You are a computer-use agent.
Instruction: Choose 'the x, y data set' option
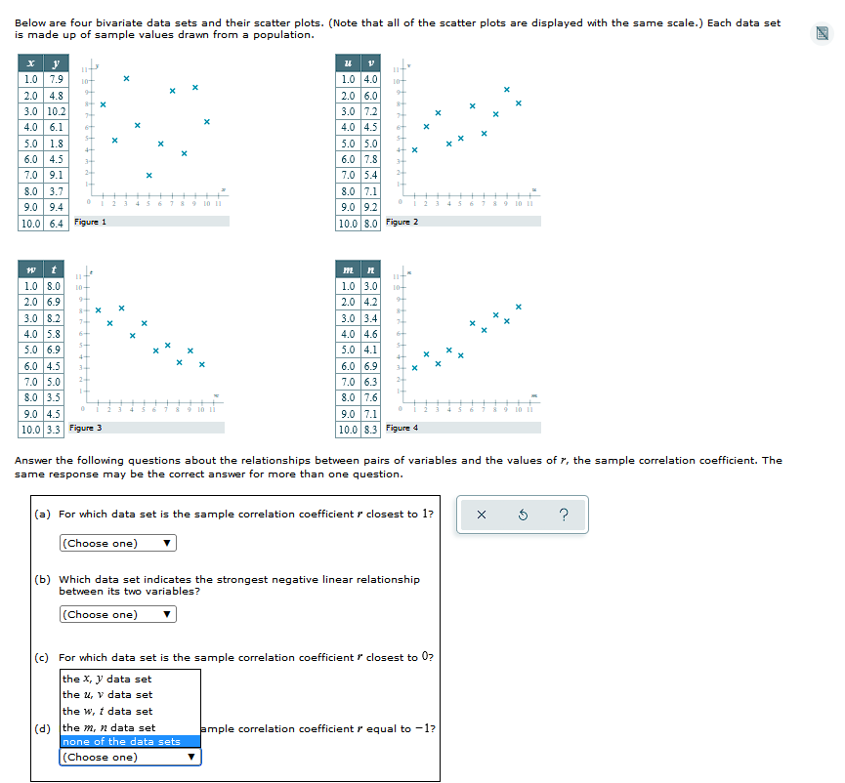(107, 679)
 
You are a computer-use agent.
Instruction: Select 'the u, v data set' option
(107, 694)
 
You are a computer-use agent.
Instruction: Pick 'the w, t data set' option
(107, 711)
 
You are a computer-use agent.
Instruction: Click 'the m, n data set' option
(108, 727)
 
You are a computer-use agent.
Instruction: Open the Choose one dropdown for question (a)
(117, 543)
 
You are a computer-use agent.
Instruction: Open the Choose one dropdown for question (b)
(117, 614)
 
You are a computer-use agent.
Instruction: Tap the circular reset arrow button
(523, 515)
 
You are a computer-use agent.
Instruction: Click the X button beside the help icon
(482, 515)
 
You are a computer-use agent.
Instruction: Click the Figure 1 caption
(91, 223)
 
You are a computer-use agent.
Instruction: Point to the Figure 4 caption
(401, 428)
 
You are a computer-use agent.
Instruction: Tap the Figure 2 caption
(401, 223)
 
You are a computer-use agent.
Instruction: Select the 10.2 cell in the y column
(56, 111)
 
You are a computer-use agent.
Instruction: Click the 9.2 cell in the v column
(370, 207)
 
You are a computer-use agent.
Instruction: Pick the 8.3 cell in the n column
(370, 429)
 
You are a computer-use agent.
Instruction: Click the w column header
(31, 269)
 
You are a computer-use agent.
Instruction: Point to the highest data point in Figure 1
(126, 78)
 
